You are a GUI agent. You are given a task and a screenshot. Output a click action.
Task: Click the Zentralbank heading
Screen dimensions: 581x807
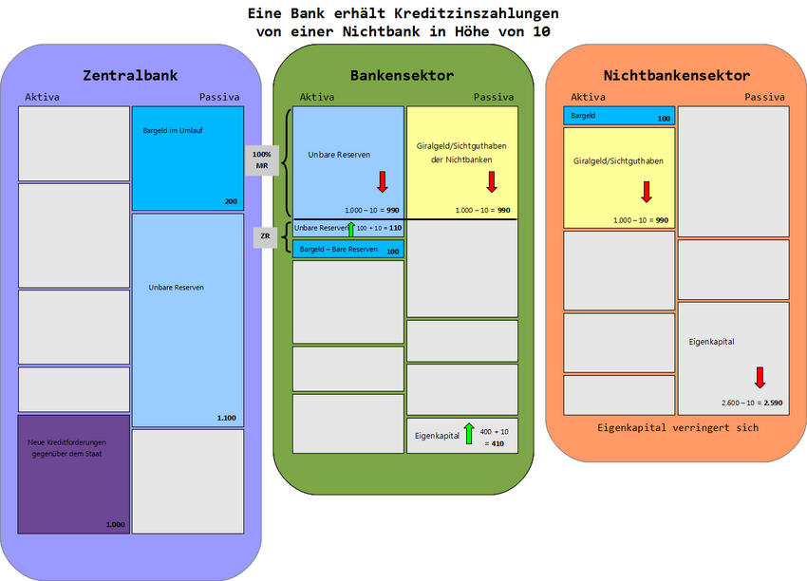point(130,75)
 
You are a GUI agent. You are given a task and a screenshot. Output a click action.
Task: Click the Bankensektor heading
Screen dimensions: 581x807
point(402,75)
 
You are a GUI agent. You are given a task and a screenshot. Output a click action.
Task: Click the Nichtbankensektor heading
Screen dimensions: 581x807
point(676,75)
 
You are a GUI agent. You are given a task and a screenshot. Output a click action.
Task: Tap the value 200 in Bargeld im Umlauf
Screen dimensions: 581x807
point(231,202)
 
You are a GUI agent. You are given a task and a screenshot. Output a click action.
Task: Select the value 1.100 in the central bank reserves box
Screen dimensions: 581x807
point(226,419)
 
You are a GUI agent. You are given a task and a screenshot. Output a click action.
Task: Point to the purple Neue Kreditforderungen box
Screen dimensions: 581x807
point(73,473)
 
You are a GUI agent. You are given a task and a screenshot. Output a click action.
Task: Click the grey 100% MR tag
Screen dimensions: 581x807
point(262,159)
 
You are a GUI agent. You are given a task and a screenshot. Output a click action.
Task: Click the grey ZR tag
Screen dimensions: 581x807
point(266,236)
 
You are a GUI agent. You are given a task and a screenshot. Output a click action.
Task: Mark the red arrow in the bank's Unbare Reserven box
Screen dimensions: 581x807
point(382,181)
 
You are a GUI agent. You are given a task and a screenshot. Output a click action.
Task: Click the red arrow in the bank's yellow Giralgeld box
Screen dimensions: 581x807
point(492,181)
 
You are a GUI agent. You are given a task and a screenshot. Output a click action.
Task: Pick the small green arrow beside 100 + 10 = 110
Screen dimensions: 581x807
point(350,228)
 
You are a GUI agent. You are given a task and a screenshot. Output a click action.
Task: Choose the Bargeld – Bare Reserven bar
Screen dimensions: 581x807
point(347,250)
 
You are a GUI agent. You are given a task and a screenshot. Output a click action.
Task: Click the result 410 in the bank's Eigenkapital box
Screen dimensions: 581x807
point(497,443)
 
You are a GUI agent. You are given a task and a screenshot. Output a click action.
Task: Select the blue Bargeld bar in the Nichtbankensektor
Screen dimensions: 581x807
point(618,115)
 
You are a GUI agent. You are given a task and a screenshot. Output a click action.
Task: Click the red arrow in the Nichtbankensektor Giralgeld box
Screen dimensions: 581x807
point(646,191)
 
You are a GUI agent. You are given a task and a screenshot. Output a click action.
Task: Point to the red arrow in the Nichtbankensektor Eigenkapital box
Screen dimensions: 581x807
point(760,377)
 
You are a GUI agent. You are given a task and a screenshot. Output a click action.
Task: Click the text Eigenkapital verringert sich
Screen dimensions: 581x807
point(678,427)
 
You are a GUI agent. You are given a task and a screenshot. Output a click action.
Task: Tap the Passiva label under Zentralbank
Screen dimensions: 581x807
point(219,97)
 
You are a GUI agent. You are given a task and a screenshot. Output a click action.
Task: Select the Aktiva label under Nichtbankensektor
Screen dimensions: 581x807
point(588,97)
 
